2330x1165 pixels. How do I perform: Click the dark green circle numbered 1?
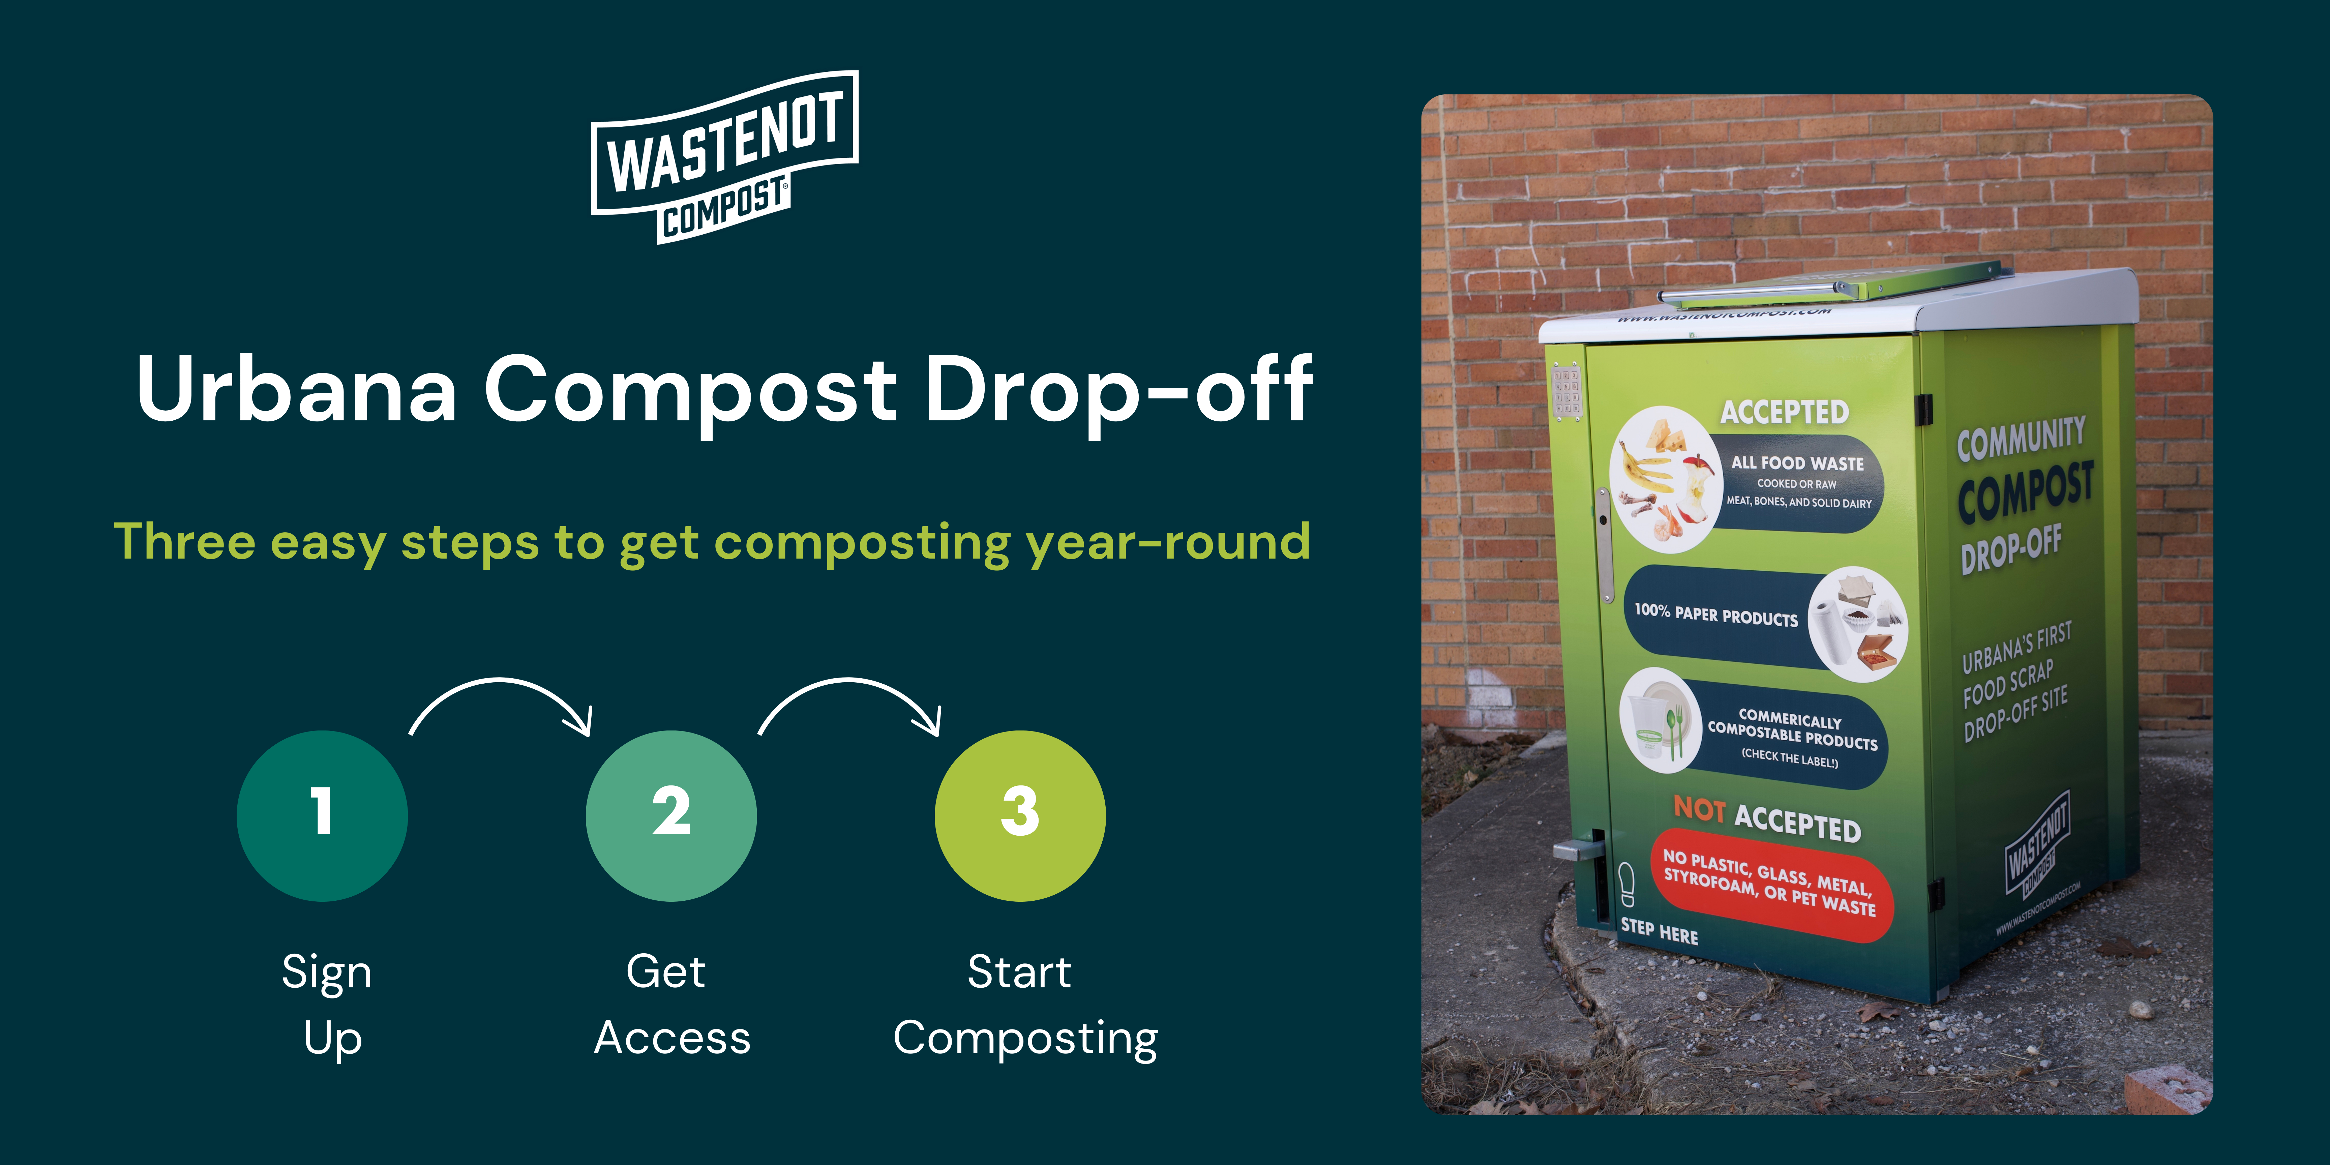322,815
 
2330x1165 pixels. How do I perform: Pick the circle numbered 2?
671,815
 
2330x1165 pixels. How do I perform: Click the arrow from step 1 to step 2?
500,680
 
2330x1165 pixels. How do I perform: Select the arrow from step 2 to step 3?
849,680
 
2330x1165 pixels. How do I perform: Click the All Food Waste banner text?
1797,463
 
